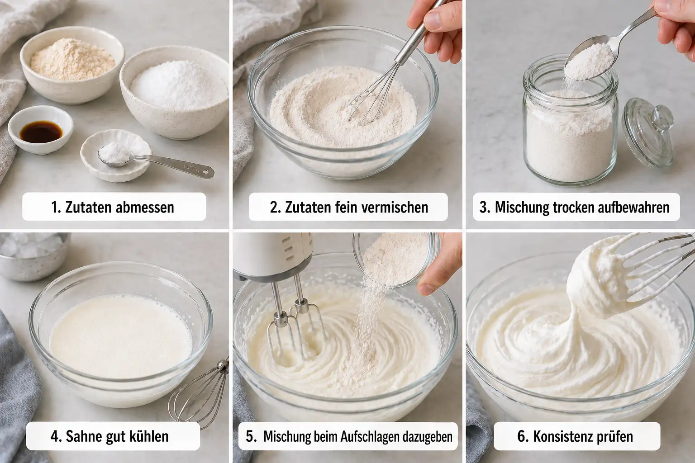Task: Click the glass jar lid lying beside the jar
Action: pos(648,131)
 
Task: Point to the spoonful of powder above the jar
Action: pos(588,61)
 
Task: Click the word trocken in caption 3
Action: pos(574,207)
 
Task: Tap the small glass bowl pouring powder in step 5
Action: pos(396,260)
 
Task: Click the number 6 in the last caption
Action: pos(521,437)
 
